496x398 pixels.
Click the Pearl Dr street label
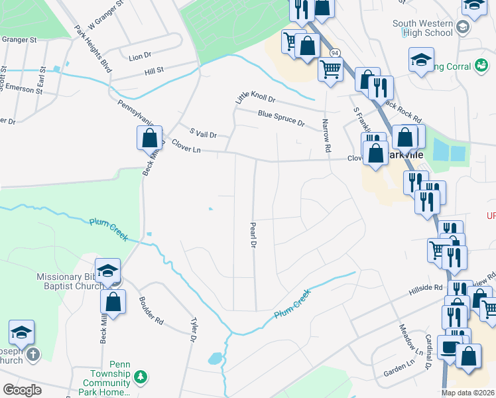coord(253,235)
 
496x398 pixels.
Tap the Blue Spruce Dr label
coord(281,119)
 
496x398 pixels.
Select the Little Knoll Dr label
coord(255,98)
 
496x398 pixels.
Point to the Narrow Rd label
coord(325,136)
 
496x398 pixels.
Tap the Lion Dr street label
coord(140,57)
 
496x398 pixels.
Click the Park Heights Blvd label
coord(93,49)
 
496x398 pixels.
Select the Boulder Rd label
coord(151,310)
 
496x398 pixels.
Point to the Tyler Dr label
coord(193,329)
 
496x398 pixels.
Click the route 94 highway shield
coord(336,52)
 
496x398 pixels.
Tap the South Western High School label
coord(422,28)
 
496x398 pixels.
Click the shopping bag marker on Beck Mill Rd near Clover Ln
coord(149,139)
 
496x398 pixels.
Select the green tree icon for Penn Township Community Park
coord(140,377)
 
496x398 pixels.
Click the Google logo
coord(23,390)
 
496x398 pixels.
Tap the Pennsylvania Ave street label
coord(136,113)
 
